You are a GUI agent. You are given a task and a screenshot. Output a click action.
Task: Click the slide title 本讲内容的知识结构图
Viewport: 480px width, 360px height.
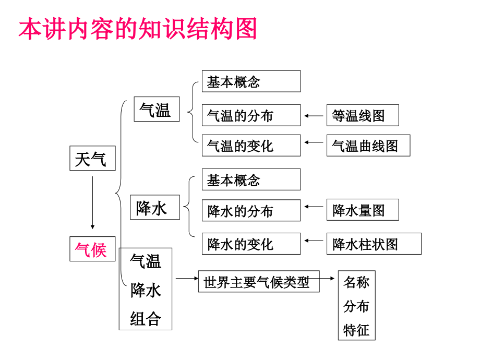[138, 30]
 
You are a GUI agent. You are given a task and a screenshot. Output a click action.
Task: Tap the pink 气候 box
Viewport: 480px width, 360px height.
[92, 249]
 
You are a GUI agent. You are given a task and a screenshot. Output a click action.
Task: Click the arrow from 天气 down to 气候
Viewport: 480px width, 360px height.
[92, 203]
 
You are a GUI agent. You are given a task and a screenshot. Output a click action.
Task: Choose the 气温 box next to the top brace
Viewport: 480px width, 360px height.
[157, 110]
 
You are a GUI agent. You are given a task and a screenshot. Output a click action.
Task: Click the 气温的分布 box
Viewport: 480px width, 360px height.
[251, 115]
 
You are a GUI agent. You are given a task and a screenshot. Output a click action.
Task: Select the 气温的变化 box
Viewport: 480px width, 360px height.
[251, 146]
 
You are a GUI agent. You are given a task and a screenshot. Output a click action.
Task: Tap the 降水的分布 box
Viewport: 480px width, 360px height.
[251, 211]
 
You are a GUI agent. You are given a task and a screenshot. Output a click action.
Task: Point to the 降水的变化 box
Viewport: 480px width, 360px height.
[251, 244]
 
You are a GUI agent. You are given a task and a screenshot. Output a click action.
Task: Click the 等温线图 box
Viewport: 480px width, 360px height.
[362, 115]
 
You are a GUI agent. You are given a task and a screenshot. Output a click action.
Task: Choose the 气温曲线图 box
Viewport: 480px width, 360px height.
[368, 146]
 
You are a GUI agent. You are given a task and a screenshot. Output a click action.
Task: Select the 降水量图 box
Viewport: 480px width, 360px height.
[362, 210]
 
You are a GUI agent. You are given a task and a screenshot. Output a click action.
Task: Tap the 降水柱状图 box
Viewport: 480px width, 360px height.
[374, 244]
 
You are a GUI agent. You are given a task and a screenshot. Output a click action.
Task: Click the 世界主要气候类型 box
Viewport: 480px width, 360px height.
[259, 282]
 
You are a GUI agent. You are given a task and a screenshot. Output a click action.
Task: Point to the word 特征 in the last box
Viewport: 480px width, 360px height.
[356, 330]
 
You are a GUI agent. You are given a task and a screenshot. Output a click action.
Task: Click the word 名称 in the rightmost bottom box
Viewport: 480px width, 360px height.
[356, 283]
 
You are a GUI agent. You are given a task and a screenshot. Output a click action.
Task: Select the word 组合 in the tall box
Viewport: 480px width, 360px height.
[146, 318]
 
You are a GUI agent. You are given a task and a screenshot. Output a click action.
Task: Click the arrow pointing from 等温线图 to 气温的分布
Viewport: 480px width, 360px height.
[314, 115]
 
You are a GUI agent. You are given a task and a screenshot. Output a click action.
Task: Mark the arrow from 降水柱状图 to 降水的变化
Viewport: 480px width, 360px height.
[314, 241]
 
